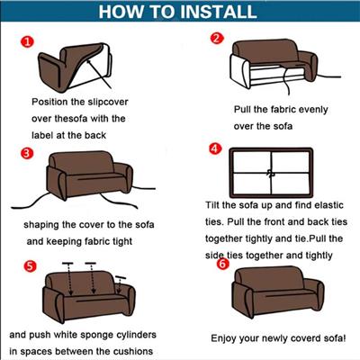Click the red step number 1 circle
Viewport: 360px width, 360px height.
coord(27,41)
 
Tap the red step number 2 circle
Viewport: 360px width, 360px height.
coord(217,38)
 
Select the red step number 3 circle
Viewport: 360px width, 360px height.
coord(27,153)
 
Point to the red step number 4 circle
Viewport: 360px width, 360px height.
coord(215,148)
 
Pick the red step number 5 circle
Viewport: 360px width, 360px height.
coord(30,266)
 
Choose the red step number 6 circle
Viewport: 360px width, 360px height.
coord(222,264)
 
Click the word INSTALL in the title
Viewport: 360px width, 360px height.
coord(219,11)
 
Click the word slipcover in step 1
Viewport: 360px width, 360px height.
coord(108,103)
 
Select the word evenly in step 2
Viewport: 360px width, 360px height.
coord(313,110)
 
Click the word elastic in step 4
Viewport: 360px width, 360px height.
coord(328,205)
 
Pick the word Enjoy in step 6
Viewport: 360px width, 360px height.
coord(223,338)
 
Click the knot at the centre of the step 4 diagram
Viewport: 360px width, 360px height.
coord(271,173)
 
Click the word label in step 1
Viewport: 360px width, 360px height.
coord(42,135)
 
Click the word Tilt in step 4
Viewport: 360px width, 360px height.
coord(212,205)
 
